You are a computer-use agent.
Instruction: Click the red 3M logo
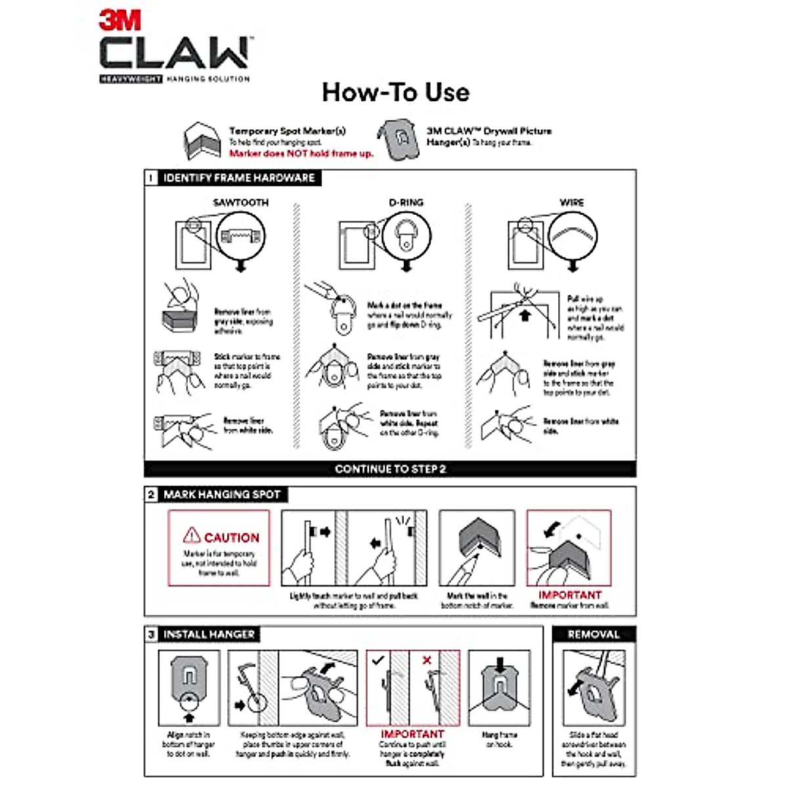[x=120, y=20]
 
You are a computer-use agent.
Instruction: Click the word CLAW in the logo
[x=174, y=53]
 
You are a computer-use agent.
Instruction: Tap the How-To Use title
[x=395, y=92]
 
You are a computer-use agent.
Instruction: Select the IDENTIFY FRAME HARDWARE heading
[x=239, y=178]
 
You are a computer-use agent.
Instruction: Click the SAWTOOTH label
[x=241, y=203]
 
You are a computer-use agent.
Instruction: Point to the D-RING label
[x=406, y=203]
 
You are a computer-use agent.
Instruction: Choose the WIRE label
[x=571, y=203]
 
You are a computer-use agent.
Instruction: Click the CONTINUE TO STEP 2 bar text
[x=390, y=469]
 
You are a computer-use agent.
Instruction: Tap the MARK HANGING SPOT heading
[x=222, y=494]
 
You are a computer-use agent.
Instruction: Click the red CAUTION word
[x=232, y=538]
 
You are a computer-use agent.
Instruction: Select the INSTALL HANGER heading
[x=209, y=634]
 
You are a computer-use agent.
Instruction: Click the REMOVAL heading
[x=594, y=634]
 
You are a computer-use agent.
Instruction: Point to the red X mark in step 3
[x=427, y=660]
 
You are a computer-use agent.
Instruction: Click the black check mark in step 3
[x=378, y=660]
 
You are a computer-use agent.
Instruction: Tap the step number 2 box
[x=151, y=494]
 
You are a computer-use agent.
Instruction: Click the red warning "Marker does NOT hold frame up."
[x=301, y=154]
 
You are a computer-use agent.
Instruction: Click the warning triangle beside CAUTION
[x=191, y=535]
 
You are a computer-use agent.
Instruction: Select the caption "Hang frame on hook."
[x=499, y=739]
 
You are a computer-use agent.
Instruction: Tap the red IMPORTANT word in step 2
[x=569, y=595]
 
